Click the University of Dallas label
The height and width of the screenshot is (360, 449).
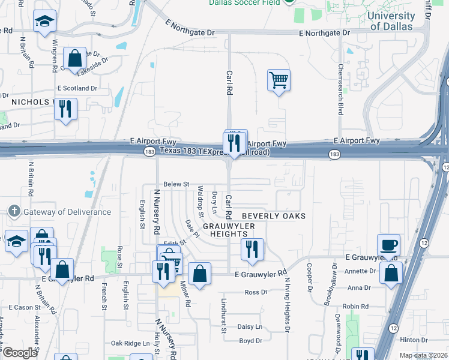(x=391, y=21)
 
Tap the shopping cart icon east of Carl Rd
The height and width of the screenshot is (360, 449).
(x=279, y=80)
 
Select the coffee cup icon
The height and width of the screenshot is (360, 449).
(x=389, y=245)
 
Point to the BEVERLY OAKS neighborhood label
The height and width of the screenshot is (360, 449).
(x=273, y=216)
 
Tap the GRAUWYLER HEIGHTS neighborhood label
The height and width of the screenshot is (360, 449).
(x=229, y=230)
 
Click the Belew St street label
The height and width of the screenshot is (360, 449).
(x=176, y=184)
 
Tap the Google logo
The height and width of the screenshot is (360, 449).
(x=20, y=353)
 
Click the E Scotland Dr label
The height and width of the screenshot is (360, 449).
(x=77, y=88)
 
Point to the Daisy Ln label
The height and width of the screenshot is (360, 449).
(x=250, y=327)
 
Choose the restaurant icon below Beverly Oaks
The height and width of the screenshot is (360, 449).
(x=252, y=249)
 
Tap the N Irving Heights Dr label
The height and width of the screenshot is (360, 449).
(x=287, y=305)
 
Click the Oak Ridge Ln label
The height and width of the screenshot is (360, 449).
(x=130, y=343)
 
